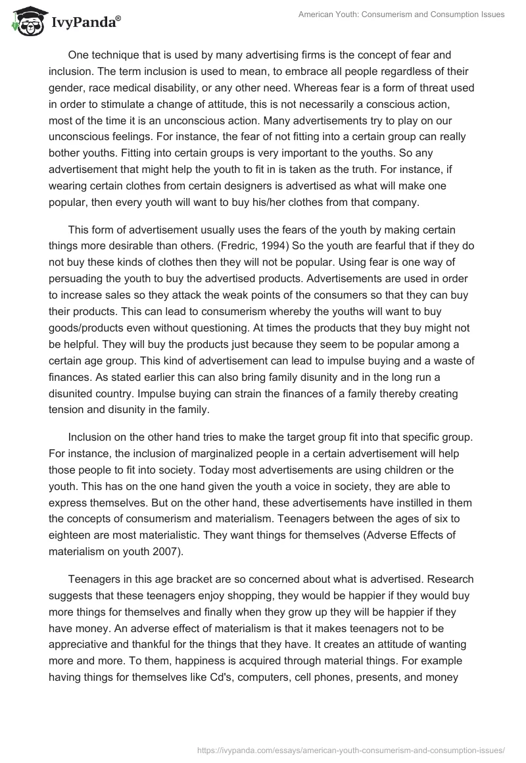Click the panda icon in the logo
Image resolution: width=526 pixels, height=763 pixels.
pyautogui.click(x=24, y=22)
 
